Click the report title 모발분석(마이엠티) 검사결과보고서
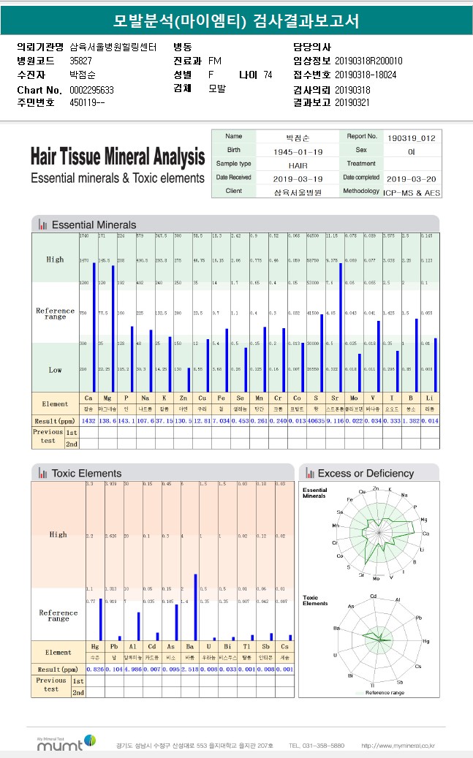pos(236,21)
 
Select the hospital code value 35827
pos(80,61)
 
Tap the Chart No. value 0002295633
pos(91,90)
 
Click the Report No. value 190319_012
pos(412,137)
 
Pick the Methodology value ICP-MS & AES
pos(412,192)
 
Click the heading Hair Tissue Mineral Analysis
pos(118,157)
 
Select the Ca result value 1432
pos(88,421)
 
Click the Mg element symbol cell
pos(107,398)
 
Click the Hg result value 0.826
pos(94,670)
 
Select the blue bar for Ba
pos(195,607)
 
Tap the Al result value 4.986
pos(132,670)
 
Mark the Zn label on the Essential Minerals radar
pos(376,488)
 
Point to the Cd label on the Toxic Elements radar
pos(374,596)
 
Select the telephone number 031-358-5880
pos(317,746)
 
